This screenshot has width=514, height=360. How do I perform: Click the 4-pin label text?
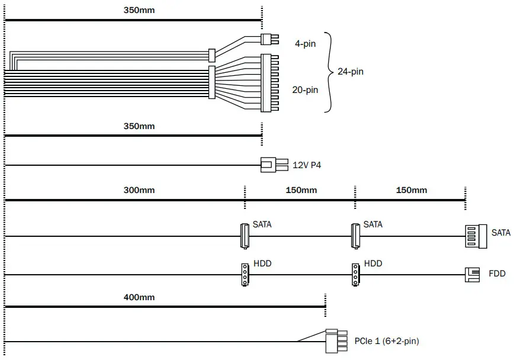coord(305,44)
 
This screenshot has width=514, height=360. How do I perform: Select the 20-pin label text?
coord(305,90)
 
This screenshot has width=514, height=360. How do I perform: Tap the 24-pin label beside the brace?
coord(350,72)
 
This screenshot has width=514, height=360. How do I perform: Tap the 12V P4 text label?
coord(307,165)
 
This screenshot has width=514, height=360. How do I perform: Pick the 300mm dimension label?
coord(139,190)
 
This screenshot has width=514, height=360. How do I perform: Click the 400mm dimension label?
coord(139,297)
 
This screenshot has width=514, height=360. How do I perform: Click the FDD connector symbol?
coord(472,274)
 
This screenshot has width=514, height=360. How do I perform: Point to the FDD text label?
coord(497,275)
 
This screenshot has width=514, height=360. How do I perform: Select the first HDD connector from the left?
coord(244,275)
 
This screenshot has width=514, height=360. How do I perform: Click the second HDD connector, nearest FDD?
coord(355,275)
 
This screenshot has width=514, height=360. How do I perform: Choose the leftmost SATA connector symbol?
coord(244,236)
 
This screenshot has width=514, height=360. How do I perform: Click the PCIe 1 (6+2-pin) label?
coord(387,341)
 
